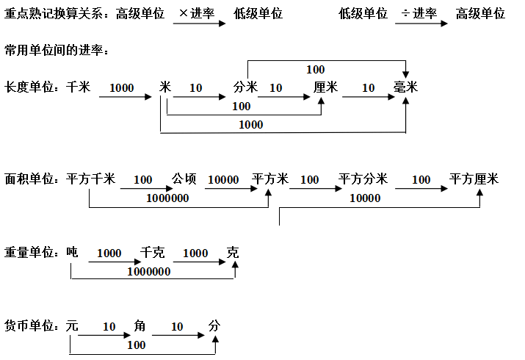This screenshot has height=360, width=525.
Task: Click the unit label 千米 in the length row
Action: pos(79,87)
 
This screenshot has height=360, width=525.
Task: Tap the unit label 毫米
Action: pos(405,87)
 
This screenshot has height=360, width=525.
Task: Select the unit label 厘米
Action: pos(325,87)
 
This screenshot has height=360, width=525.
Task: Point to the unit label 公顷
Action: pos(184,179)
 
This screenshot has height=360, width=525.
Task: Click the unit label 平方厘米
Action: pos(474,179)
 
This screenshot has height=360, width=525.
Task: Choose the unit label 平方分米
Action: pos(363,179)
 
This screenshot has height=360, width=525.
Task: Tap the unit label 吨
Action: pos(72,252)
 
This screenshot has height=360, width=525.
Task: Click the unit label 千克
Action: pos(152,252)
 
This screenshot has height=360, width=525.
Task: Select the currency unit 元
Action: pos(72,325)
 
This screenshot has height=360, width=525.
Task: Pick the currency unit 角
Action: pos(140,325)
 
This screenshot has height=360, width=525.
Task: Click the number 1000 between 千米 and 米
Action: pos(122,87)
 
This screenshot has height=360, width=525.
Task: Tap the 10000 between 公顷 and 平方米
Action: pos(223,180)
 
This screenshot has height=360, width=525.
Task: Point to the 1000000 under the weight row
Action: pos(149,272)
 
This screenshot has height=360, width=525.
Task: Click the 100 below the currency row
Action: pos(137,345)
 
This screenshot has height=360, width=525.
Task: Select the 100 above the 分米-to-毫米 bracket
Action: pos(316,70)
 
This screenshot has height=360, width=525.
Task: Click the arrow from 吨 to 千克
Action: pos(115,262)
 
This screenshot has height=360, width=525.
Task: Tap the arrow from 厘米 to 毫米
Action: pos(369,97)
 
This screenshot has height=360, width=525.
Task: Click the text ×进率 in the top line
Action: pos(197,13)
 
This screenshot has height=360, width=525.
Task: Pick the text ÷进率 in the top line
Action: pos(419,13)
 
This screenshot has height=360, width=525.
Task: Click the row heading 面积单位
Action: pos(29,179)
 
